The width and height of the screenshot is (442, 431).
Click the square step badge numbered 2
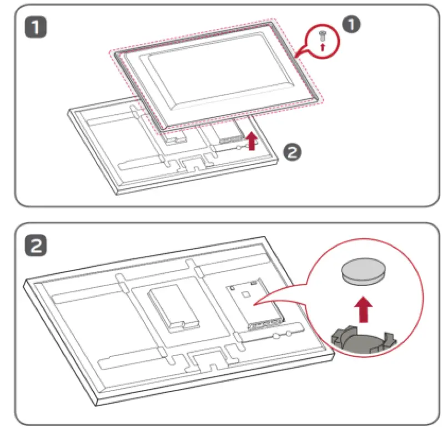point(37,245)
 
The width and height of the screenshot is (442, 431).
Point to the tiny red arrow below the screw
point(323,48)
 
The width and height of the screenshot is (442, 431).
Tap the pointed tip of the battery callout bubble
point(254,305)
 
